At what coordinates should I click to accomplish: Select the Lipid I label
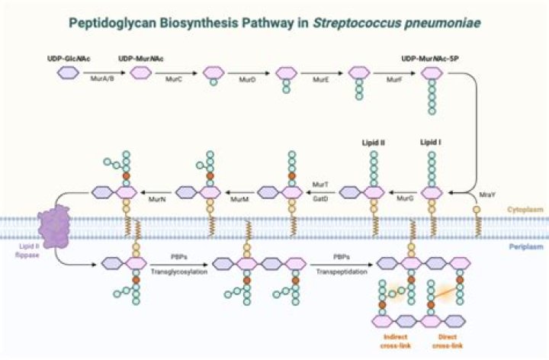(x=432, y=142)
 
